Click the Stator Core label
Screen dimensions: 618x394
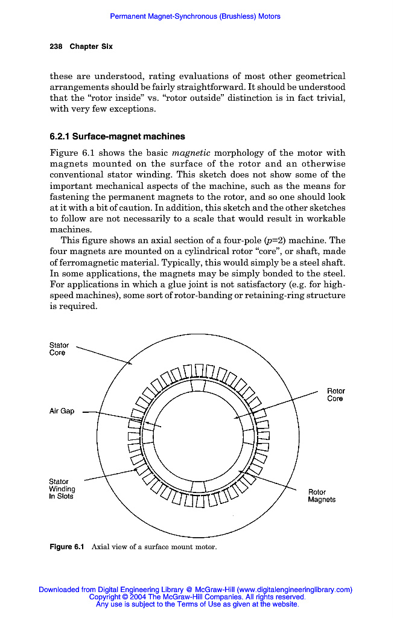(59, 349)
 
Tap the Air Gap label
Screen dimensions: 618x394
(62, 411)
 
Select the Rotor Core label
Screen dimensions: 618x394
(335, 395)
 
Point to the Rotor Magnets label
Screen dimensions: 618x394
(322, 495)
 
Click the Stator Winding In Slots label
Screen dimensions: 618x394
(62, 489)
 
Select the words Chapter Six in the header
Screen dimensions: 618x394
(91, 46)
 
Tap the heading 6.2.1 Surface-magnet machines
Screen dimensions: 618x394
(117, 136)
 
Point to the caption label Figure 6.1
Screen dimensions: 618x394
(66, 547)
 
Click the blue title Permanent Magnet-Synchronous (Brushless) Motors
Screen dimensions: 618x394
(195, 16)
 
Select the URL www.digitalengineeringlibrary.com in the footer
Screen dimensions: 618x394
(294, 590)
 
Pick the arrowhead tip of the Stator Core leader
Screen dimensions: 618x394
(133, 364)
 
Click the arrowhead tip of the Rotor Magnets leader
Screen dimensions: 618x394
(240, 471)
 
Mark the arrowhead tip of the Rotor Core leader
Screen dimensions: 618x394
(235, 418)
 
